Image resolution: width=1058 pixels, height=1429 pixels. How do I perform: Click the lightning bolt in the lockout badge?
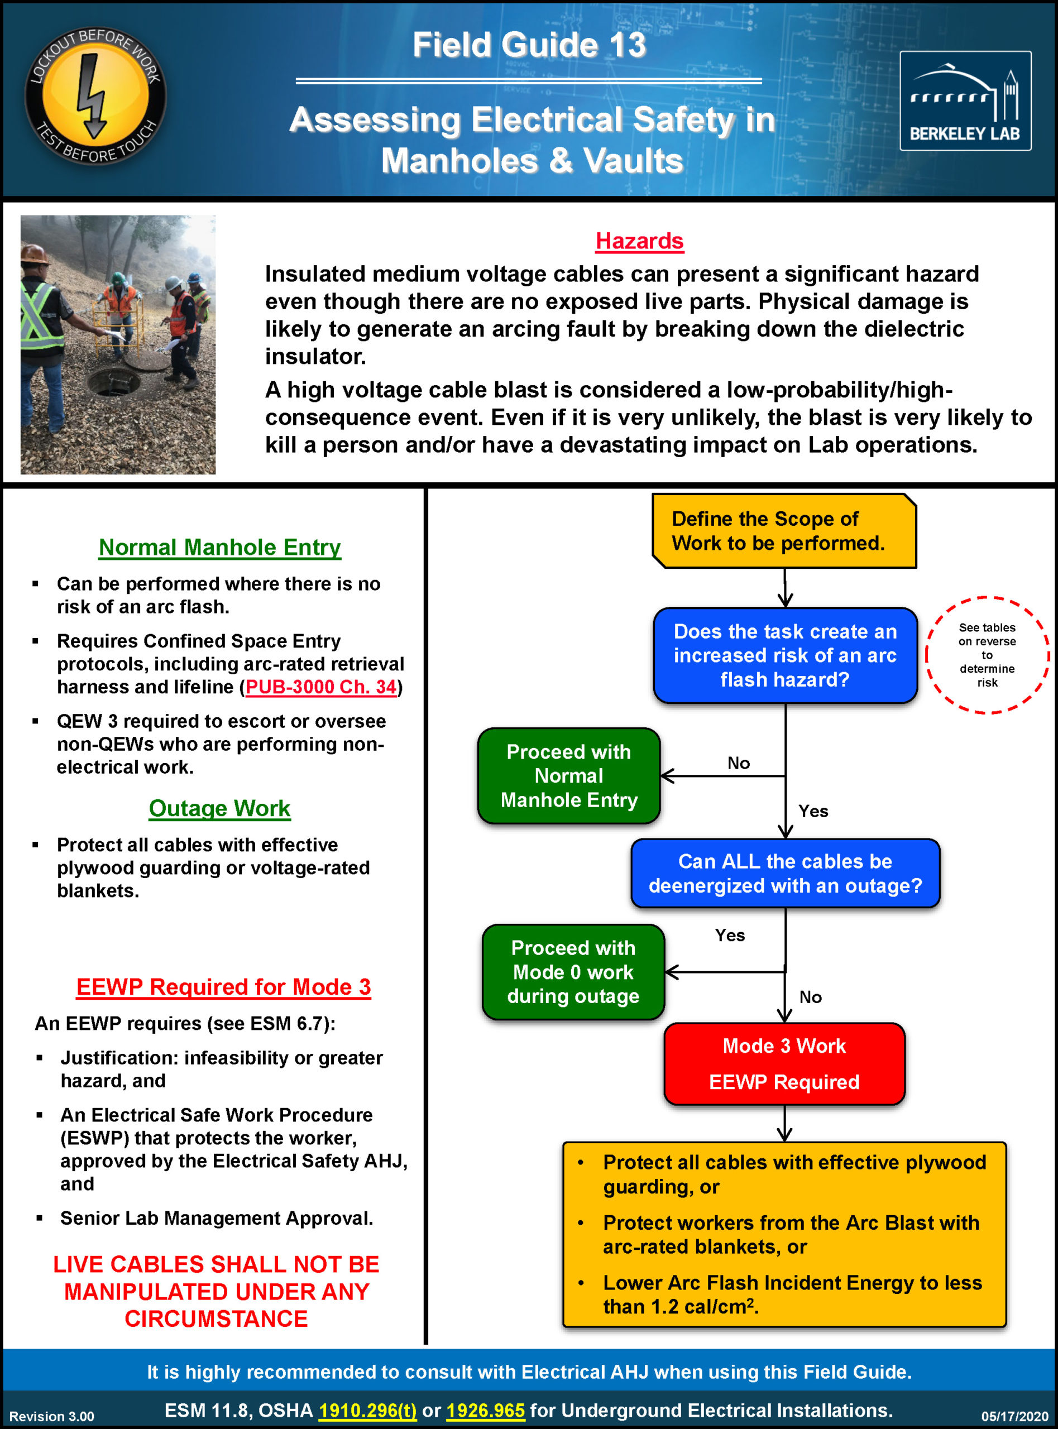92,96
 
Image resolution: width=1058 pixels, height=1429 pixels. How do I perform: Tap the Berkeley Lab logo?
965,101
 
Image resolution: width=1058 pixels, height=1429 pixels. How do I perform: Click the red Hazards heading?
639,241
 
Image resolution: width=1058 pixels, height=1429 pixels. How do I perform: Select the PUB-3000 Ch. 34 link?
321,687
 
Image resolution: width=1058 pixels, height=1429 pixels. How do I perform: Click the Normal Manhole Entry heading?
219,548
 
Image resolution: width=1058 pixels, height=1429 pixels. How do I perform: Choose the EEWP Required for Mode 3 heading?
223,986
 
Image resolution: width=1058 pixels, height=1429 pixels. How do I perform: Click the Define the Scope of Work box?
784,531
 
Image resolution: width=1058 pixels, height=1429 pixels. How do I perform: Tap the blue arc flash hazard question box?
785,655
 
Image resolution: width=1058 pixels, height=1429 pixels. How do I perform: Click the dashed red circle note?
987,655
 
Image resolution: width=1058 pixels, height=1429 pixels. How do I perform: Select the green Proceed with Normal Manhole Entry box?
569,775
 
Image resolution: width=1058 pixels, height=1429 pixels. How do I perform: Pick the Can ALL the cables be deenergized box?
785,873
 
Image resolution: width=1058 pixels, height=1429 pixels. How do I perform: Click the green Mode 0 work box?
573,972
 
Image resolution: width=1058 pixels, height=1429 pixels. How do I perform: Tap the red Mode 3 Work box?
784,1063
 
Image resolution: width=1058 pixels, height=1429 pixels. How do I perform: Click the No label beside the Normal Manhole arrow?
739,763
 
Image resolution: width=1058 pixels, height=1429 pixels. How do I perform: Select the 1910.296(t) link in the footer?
367,1411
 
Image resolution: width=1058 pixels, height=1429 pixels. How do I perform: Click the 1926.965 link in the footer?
485,1411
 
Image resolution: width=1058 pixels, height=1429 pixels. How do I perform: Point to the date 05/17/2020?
1014,1416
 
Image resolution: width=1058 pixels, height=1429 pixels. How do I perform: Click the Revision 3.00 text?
52,1416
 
